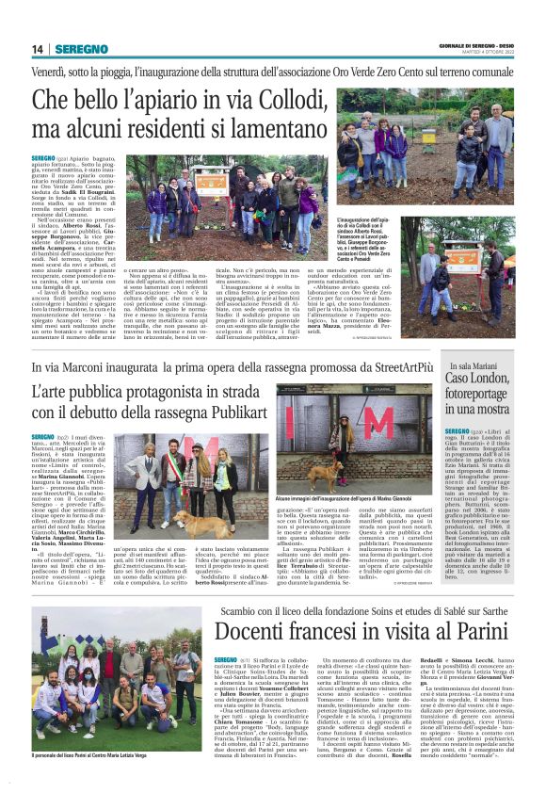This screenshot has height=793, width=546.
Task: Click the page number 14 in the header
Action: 38,50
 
